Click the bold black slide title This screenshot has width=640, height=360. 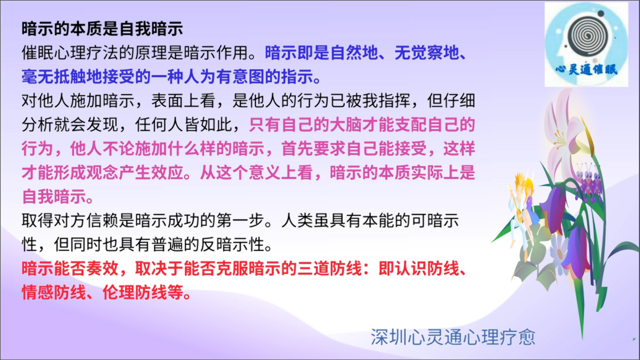(x=102, y=29)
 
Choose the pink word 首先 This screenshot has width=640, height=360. (x=297, y=148)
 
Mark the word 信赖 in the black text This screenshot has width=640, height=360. (x=102, y=220)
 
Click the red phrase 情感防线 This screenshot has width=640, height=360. (x=53, y=292)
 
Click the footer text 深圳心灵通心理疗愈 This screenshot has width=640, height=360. (x=453, y=337)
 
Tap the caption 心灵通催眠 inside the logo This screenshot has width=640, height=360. (x=587, y=69)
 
